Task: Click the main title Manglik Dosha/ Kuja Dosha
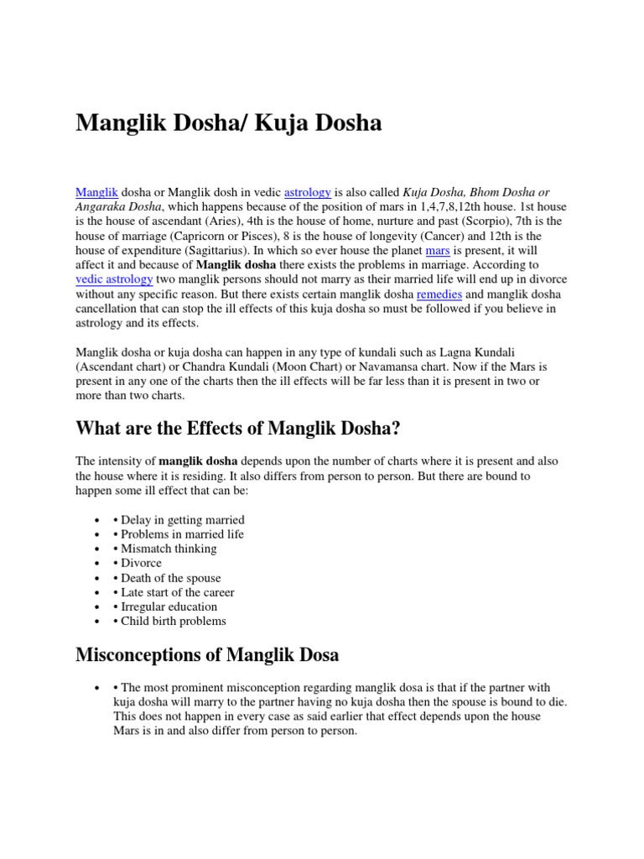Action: (x=229, y=124)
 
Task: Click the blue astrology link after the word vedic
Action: (x=308, y=192)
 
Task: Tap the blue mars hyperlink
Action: (x=438, y=251)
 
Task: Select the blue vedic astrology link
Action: (x=115, y=279)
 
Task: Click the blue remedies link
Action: (x=439, y=294)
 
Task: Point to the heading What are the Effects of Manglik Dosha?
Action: (x=238, y=429)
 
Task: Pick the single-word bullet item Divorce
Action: (x=141, y=563)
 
